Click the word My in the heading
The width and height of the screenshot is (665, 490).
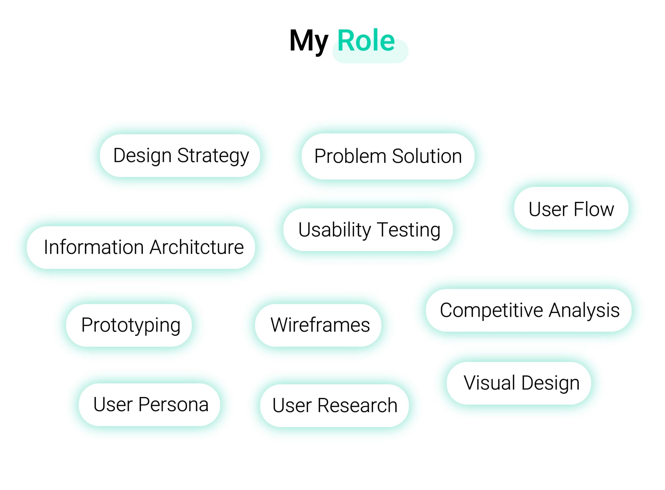[309, 42]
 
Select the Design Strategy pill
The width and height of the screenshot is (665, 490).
[180, 156]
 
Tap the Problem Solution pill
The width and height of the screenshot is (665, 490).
[388, 156]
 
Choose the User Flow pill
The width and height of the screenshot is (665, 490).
[571, 208]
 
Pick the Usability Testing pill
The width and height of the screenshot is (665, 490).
[368, 230]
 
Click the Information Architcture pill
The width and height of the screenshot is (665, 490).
[141, 247]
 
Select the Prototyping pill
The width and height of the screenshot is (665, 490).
[129, 325]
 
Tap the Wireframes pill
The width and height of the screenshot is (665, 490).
[318, 325]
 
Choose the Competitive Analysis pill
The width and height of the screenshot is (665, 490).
[529, 310]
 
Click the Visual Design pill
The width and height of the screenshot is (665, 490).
[519, 383]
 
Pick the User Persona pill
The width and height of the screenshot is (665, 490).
[149, 405]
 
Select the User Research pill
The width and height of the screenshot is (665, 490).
[334, 405]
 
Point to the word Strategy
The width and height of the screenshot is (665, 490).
[213, 156]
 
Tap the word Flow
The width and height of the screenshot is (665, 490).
[594, 209]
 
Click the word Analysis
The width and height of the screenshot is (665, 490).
[584, 311]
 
